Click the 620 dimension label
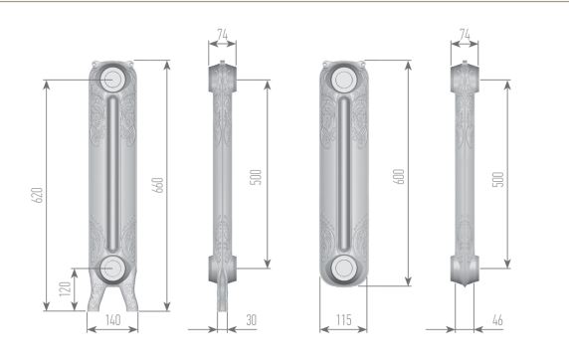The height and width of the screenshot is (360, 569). pos(38,195)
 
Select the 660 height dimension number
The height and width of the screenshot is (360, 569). pos(158,185)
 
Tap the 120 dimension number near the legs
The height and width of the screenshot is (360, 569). pos(66,289)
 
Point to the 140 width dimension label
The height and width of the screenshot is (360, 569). pos(112,320)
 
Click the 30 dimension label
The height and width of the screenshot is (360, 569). pos(251,320)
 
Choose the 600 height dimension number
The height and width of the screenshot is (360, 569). pos(399,176)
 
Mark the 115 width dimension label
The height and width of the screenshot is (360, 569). pos(343,319)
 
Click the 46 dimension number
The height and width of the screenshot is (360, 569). pos(497,320)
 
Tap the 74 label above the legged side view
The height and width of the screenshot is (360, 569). pos(222,34)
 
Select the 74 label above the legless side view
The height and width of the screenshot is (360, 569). pos(465,34)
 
